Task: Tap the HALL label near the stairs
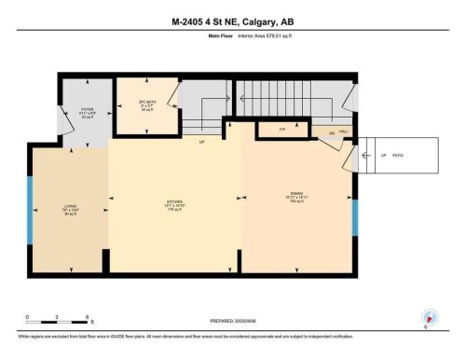pyautogui.click(x=343, y=132)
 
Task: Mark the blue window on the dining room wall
pyautogui.click(x=354, y=216)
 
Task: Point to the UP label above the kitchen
pyautogui.click(x=201, y=143)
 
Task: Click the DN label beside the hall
pyautogui.click(x=331, y=134)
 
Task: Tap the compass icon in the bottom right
pyautogui.click(x=428, y=316)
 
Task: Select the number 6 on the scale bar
pyautogui.click(x=87, y=316)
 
